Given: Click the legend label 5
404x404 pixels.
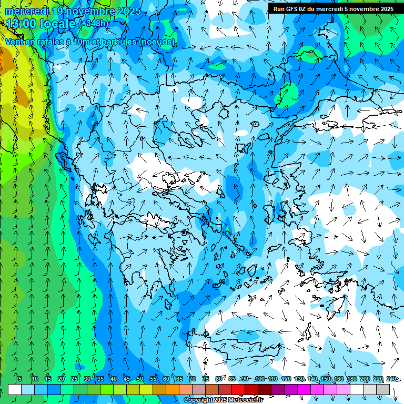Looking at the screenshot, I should pos(20,379).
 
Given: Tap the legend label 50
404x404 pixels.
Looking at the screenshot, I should pos(140,379).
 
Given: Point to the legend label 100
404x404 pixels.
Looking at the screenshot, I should pos(259,379).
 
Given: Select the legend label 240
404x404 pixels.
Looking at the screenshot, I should pos(391,379).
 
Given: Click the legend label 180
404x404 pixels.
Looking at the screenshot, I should pos(351,379).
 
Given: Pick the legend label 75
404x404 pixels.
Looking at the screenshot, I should pos(206,379).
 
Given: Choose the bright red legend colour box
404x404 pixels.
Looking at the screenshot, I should pos(238,389).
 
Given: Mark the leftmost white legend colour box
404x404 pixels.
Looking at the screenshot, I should pos(15,389).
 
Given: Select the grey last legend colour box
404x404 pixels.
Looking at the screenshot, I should pos(383,389).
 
